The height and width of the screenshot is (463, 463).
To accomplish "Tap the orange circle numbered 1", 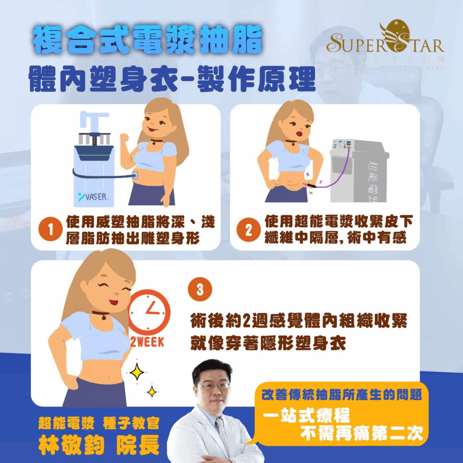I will (51, 230).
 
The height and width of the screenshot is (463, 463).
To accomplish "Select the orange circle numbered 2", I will (248, 230).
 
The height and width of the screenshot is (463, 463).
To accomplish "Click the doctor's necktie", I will (223, 435).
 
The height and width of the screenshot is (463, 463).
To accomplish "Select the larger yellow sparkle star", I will (137, 372).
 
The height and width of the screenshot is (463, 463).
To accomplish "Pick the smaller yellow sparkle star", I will (152, 391).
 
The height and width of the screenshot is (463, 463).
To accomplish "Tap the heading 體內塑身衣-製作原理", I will (172, 80).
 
